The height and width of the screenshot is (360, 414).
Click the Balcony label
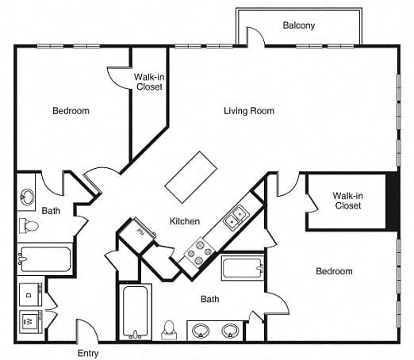click(299, 25)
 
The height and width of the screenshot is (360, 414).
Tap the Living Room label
click(249, 111)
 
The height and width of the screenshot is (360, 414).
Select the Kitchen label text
click(185, 221)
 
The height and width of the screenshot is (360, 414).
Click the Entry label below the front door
click(88, 354)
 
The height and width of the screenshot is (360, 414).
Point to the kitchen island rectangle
click(191, 177)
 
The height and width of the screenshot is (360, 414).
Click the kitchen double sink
click(236, 216)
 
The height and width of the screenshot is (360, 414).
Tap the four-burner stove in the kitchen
click(199, 251)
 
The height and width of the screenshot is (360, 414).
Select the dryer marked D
click(31, 295)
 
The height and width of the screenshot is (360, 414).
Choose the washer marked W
click(31, 321)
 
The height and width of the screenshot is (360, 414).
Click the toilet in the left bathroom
click(29, 226)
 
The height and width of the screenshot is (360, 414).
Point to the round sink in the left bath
click(27, 197)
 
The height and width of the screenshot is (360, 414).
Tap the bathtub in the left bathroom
click(45, 259)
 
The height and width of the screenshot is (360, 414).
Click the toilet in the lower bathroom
click(169, 330)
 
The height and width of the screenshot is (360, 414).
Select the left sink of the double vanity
click(201, 331)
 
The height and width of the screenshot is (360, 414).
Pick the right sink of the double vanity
click(231, 331)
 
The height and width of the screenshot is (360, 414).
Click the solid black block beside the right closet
click(393, 201)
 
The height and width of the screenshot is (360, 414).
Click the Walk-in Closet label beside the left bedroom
click(149, 82)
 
